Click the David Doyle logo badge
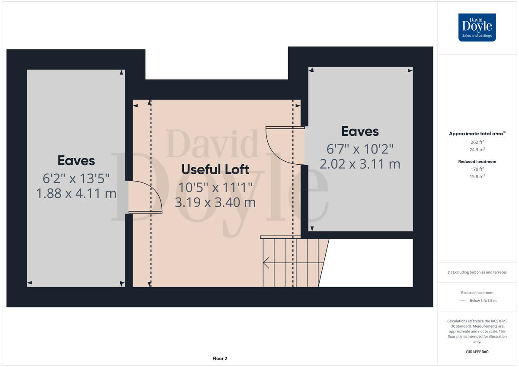(x=477, y=27)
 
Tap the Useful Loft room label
(x=215, y=169)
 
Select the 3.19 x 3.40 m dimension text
(x=215, y=202)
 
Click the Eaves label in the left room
(x=76, y=161)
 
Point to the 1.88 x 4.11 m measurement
(x=76, y=193)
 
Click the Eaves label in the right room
(x=360, y=131)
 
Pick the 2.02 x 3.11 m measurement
(x=360, y=164)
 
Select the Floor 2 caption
(x=220, y=358)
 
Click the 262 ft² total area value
(x=477, y=142)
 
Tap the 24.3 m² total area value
(x=477, y=150)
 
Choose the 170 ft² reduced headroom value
(x=477, y=169)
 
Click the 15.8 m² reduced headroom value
(x=477, y=176)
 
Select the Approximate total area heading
(x=477, y=134)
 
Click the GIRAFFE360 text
(x=477, y=352)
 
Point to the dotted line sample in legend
(x=462, y=300)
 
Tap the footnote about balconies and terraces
(x=477, y=272)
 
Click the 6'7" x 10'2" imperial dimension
(x=360, y=149)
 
